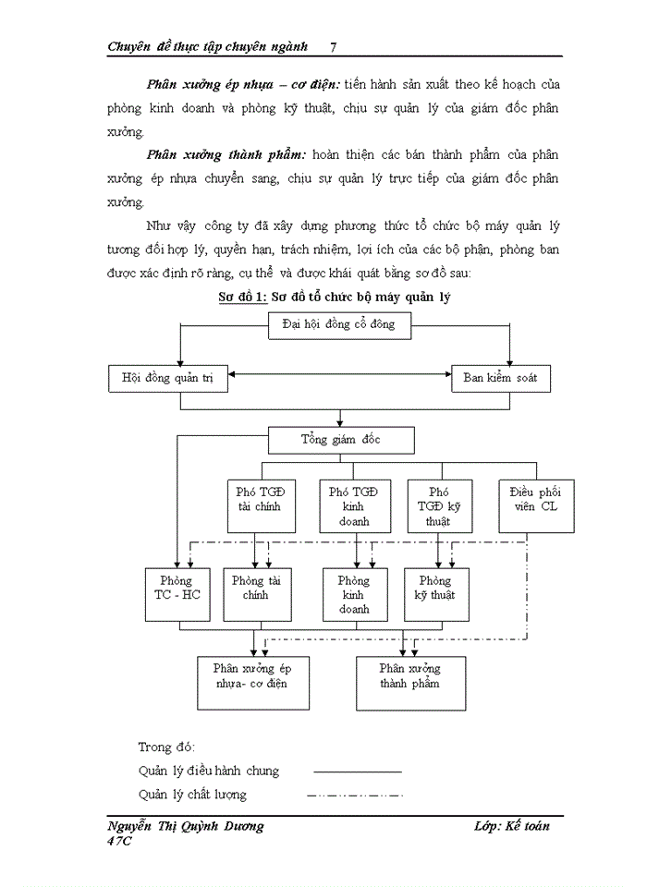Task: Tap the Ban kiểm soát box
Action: (500, 377)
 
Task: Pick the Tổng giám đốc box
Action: (340, 439)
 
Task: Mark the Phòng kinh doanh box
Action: (353, 594)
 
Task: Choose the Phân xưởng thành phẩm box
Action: (410, 682)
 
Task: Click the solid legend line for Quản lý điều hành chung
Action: (357, 771)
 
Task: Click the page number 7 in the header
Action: (333, 46)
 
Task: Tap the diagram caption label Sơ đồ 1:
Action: (242, 298)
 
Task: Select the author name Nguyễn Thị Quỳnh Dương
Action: (186, 826)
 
